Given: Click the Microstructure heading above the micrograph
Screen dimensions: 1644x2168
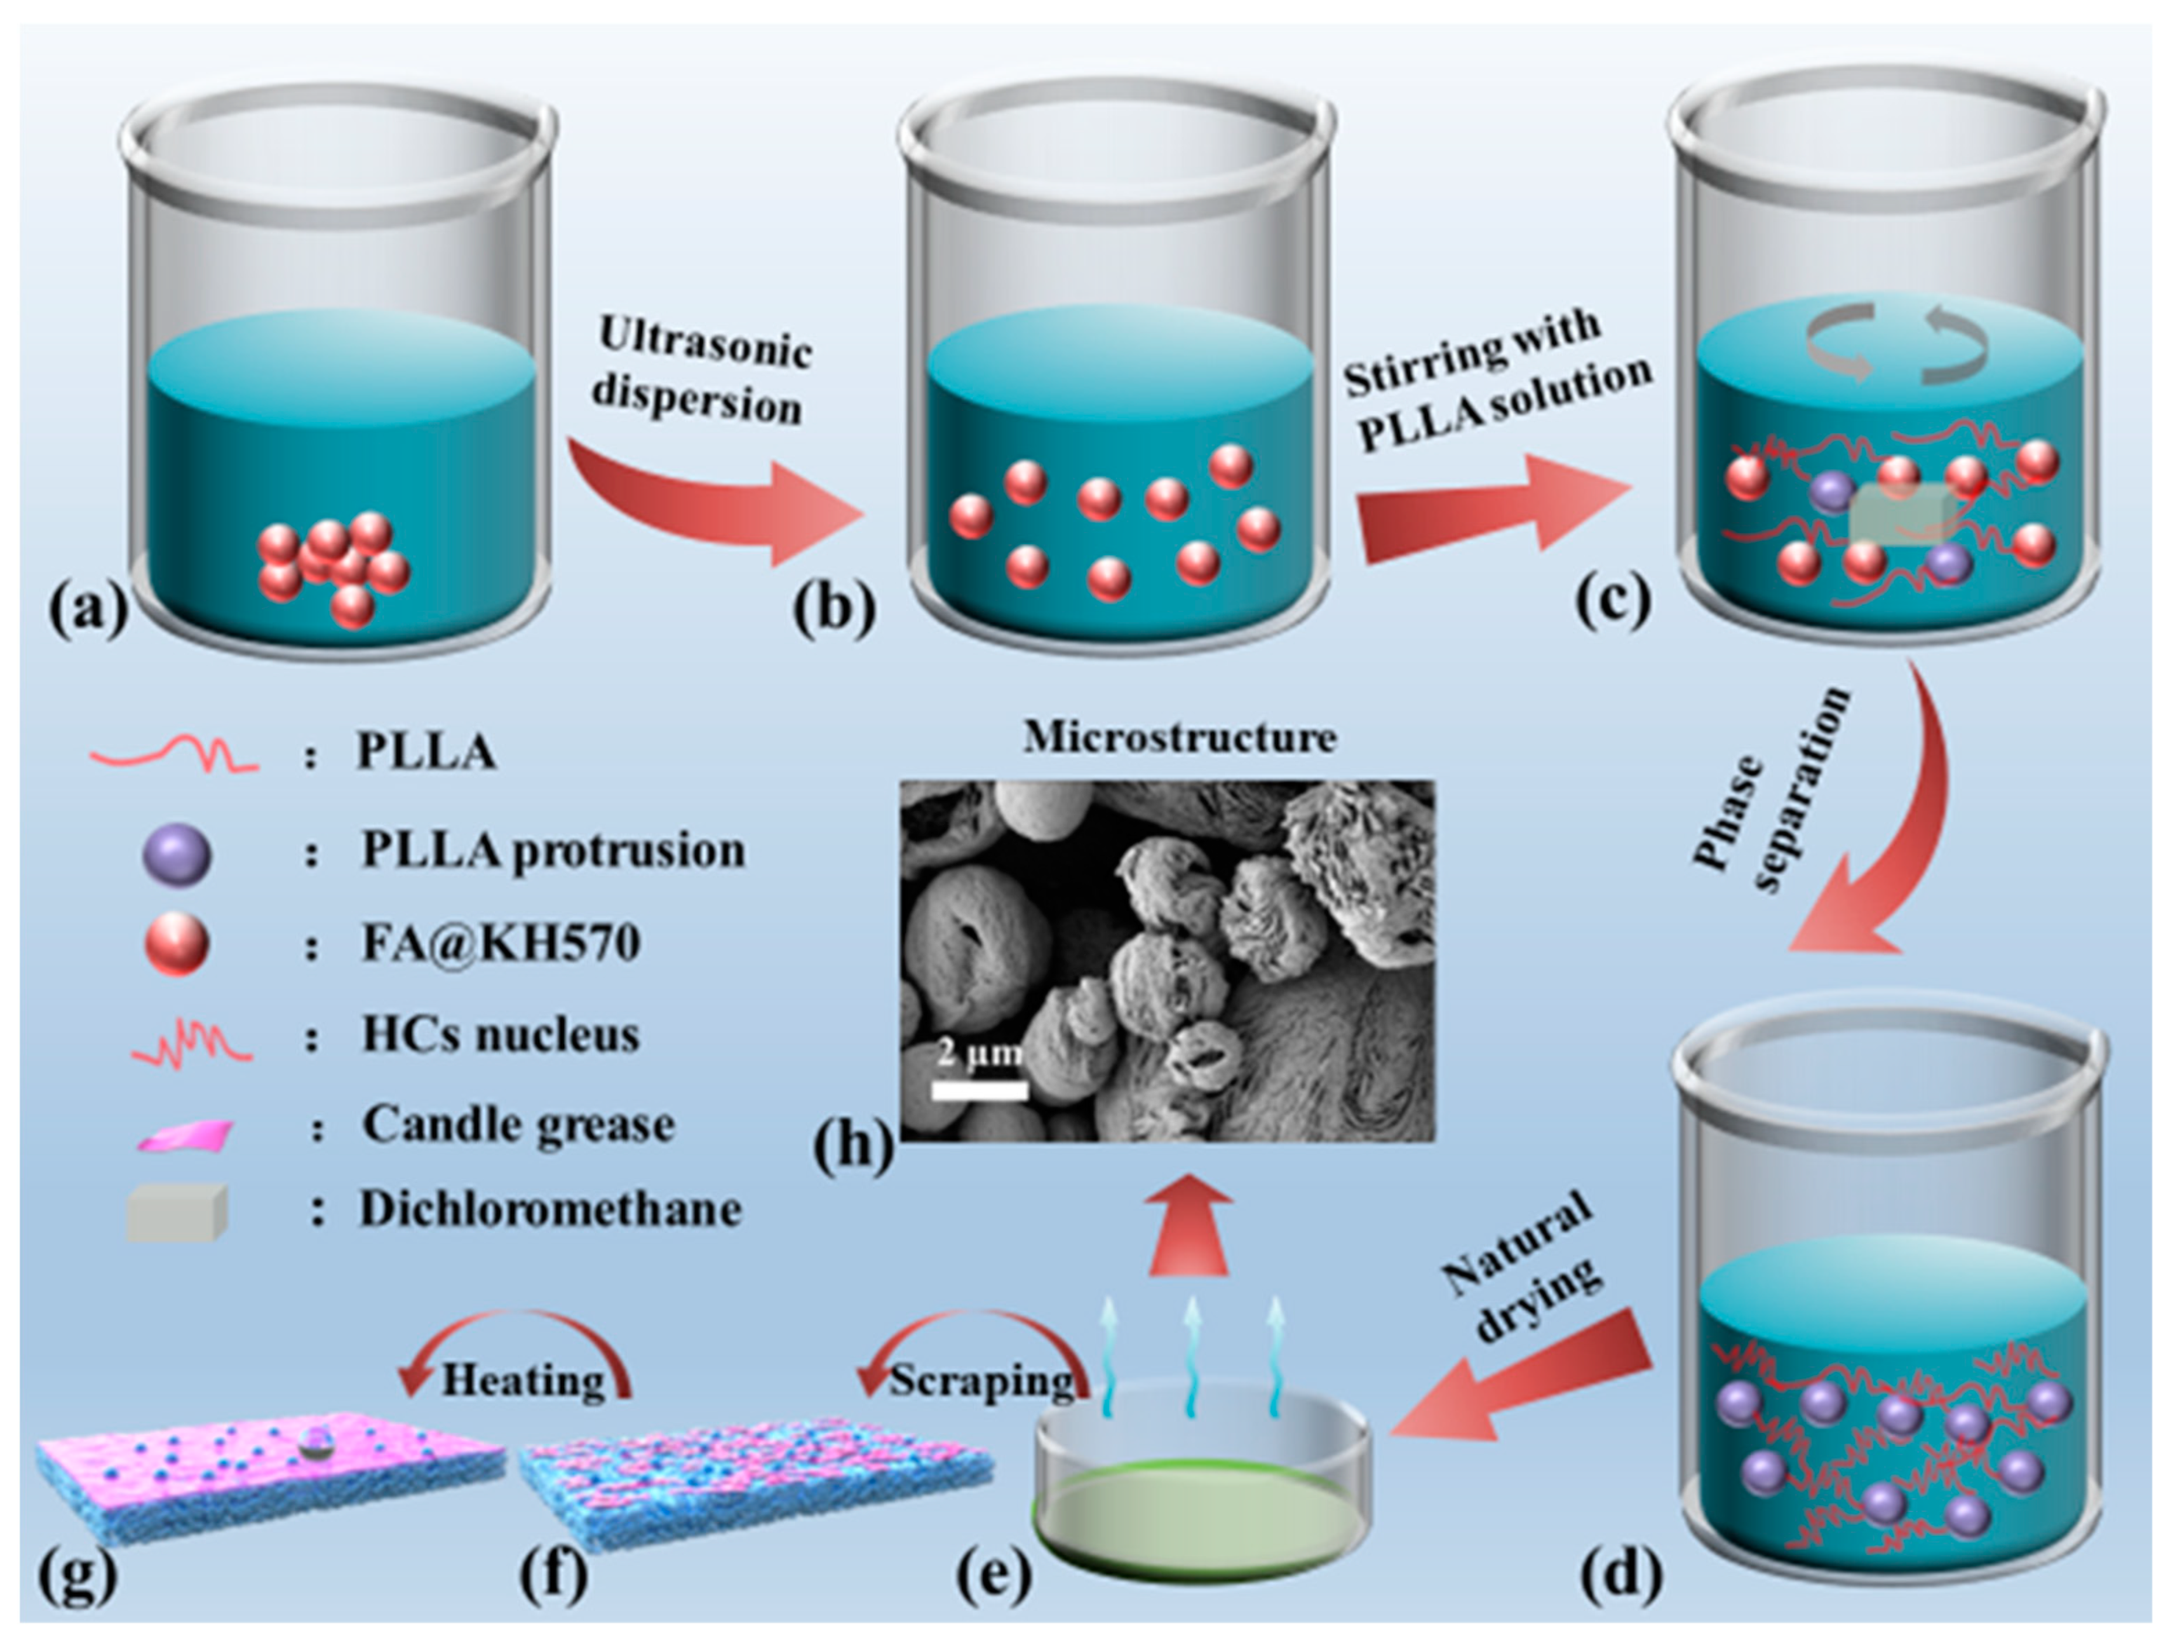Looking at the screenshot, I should pos(1179,737).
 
